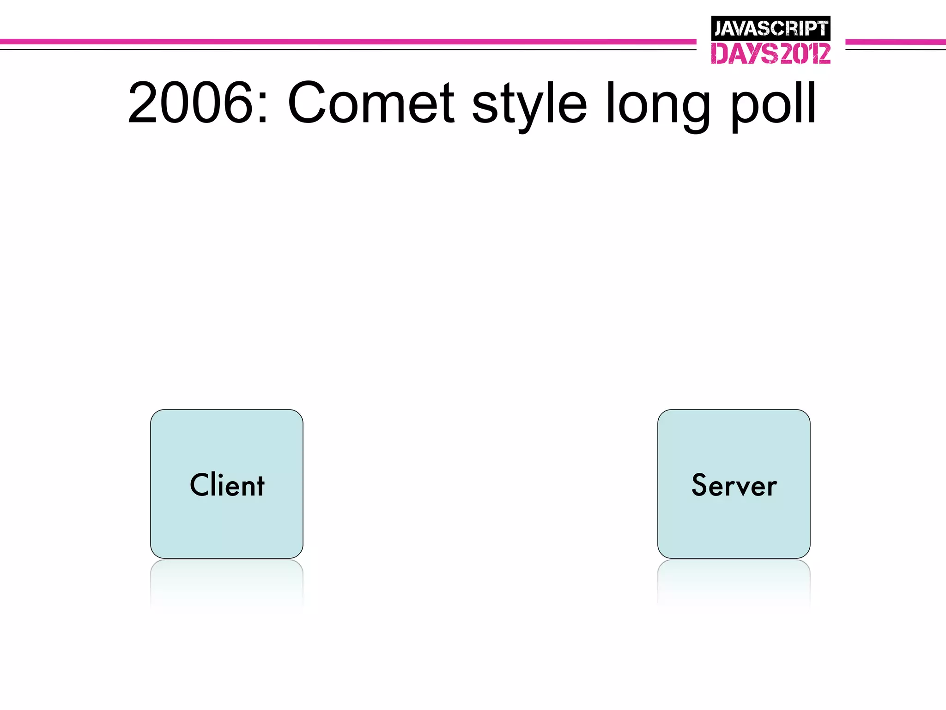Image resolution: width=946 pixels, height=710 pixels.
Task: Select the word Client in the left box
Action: tap(227, 485)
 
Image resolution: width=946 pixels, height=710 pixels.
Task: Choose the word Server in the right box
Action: tap(734, 485)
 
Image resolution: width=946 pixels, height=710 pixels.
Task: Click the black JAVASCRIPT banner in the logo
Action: tap(770, 28)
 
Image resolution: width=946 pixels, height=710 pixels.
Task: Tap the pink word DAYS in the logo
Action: tap(744, 54)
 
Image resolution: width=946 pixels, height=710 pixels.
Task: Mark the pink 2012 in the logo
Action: tap(805, 54)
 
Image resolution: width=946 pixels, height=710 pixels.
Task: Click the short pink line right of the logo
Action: tap(895, 42)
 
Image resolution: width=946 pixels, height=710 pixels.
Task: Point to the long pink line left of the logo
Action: tap(346, 42)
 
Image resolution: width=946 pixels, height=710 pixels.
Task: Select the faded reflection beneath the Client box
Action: tap(227, 582)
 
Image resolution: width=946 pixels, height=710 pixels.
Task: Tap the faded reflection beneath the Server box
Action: tap(734, 582)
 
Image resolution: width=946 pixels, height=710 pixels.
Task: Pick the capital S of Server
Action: tap(700, 485)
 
